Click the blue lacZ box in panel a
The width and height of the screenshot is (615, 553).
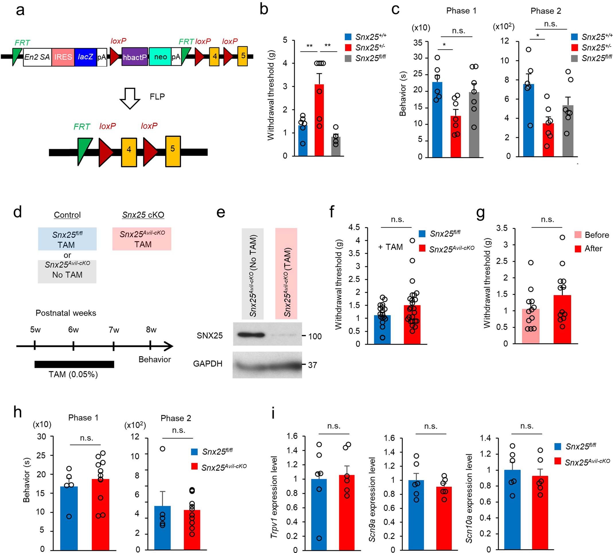tap(85, 57)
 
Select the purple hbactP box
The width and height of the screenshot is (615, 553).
tap(135, 57)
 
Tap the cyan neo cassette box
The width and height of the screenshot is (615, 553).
tap(160, 57)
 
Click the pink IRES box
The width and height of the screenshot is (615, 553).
tap(63, 57)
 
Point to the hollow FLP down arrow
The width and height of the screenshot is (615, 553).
tap(130, 98)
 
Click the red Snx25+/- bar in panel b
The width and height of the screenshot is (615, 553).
tap(319, 120)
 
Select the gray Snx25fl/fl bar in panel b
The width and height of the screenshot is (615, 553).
tap(336, 146)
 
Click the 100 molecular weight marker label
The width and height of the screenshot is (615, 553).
tap(315, 336)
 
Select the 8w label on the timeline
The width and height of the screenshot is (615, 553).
tap(151, 330)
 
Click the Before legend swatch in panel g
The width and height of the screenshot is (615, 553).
tap(578, 235)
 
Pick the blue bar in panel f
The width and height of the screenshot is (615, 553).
tap(382, 330)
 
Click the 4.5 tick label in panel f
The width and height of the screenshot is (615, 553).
tap(354, 227)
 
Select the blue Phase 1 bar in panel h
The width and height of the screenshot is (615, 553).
tap(69, 517)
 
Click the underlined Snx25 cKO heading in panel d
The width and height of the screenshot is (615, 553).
tap(143, 215)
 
